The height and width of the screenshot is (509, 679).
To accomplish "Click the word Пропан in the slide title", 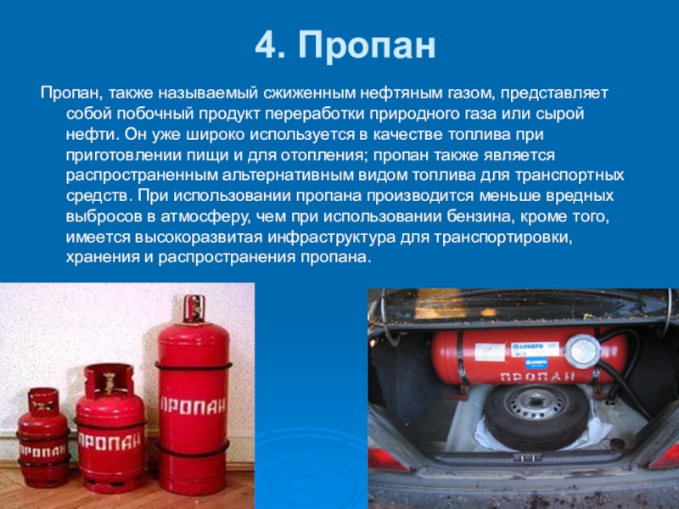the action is tap(367, 45).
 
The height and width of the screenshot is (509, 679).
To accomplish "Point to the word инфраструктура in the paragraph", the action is tap(331, 238).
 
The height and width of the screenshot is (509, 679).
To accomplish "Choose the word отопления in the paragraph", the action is tap(321, 155).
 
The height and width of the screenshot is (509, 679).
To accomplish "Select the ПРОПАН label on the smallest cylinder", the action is tap(42, 451).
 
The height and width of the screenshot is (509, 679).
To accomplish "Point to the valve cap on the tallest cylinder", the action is tap(194, 309).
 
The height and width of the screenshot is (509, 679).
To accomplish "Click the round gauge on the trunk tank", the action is tap(582, 350).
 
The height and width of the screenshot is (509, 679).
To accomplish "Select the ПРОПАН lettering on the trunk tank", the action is tap(537, 377).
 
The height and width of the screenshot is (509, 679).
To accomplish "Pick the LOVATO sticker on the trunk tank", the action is tap(536, 350).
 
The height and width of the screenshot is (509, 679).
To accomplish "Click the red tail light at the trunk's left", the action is tap(388, 460).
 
